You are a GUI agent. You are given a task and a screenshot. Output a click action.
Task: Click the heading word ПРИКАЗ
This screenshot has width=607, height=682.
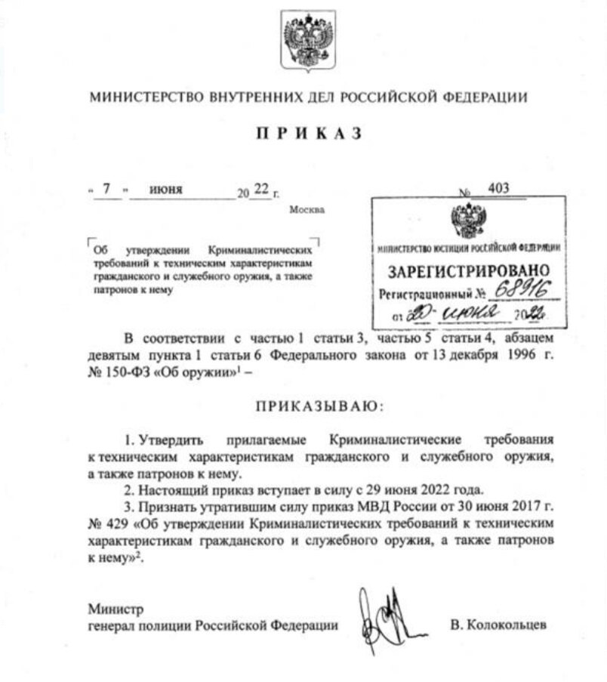coord(309,134)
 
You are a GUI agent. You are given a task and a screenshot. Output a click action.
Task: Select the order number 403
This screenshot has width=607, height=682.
coord(498,189)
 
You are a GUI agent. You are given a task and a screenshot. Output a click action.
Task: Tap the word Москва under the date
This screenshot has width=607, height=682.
coord(307,209)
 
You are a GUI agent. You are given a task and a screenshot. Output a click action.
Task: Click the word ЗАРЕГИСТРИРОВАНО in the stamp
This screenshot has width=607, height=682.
coord(469,271)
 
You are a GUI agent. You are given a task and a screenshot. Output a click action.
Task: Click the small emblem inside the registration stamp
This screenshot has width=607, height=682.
coord(468,221)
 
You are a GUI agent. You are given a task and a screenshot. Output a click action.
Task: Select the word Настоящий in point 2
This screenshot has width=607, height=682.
coord(178,489)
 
